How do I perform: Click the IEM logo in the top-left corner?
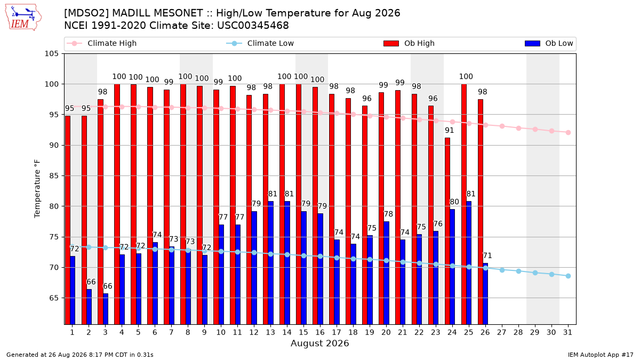coord(23,18)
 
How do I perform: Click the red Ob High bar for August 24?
coord(447,231)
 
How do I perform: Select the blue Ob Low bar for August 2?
coord(89,307)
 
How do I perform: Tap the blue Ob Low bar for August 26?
coord(485,294)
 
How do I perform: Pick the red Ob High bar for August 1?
coord(68,220)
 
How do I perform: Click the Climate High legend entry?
coord(102,43)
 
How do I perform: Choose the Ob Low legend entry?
coord(549,43)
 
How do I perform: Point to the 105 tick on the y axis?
coord(51,53)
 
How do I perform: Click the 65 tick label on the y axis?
coord(54,298)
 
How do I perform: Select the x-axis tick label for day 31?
coord(567,332)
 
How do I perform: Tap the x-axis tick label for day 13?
coord(270,332)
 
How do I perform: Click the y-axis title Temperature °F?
coord(37,189)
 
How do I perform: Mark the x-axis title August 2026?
coord(319,343)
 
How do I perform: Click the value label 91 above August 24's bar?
coord(450,130)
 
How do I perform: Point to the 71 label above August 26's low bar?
coord(487,255)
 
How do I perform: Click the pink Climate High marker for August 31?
coord(568,133)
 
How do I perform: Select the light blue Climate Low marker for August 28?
coord(518,271)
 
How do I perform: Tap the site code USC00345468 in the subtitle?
coord(253,26)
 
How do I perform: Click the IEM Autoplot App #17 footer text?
coord(601,355)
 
